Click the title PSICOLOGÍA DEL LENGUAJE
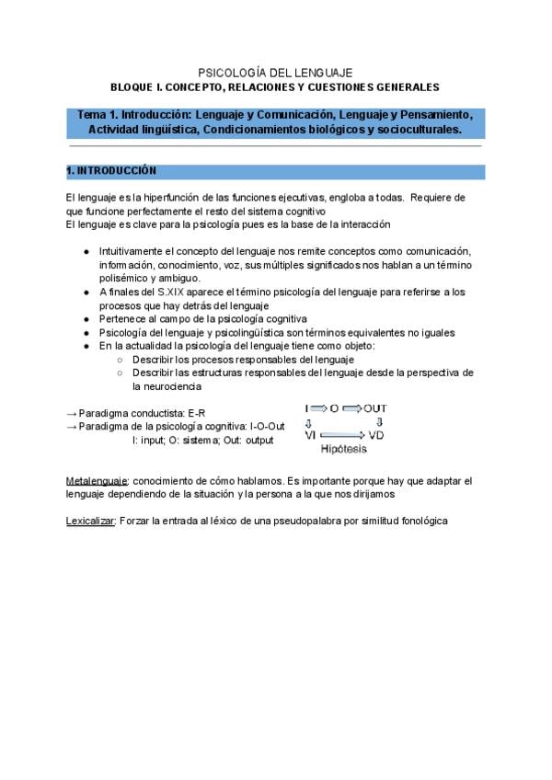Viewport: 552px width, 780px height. point(275,72)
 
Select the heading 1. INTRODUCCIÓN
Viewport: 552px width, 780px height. point(111,171)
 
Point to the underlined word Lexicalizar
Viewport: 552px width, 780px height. point(90,521)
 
